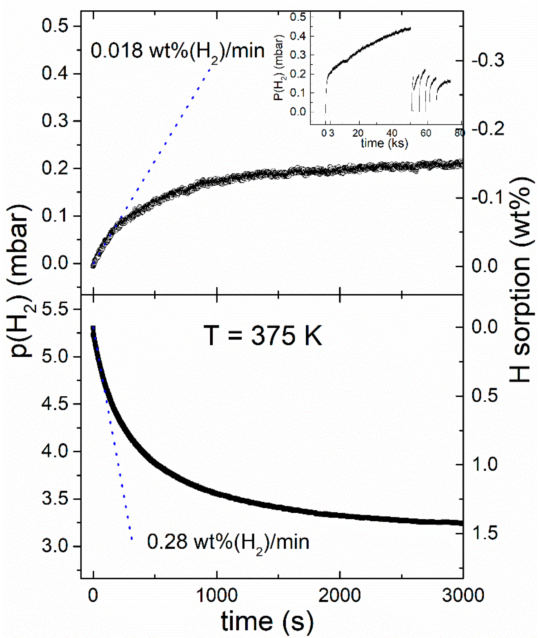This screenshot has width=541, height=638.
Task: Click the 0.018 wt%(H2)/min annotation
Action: click(x=177, y=51)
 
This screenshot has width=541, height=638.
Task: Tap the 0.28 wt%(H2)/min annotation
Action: click(x=228, y=542)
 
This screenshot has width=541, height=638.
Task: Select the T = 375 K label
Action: click(x=262, y=336)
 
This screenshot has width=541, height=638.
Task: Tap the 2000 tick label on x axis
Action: click(x=339, y=595)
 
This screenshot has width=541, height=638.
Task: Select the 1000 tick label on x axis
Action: click(x=217, y=595)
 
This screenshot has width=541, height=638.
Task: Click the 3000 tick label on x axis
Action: click(x=463, y=595)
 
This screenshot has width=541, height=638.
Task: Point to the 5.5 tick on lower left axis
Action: click(x=55, y=309)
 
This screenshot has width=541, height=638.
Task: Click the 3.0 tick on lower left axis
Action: click(x=55, y=546)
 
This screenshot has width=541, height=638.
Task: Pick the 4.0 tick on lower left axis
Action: click(x=55, y=451)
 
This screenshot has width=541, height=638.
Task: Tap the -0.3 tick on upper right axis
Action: click(x=488, y=60)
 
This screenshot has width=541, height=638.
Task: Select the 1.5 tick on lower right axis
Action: click(x=485, y=533)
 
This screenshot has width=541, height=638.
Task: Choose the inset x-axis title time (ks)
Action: click(x=384, y=143)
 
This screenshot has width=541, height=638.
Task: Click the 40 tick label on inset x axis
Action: click(x=392, y=133)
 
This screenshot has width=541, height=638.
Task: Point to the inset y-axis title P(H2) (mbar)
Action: click(x=279, y=67)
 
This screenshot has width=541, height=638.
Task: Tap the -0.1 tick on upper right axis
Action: click(x=488, y=197)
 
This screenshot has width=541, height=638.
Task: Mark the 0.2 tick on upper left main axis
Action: click(x=55, y=168)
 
